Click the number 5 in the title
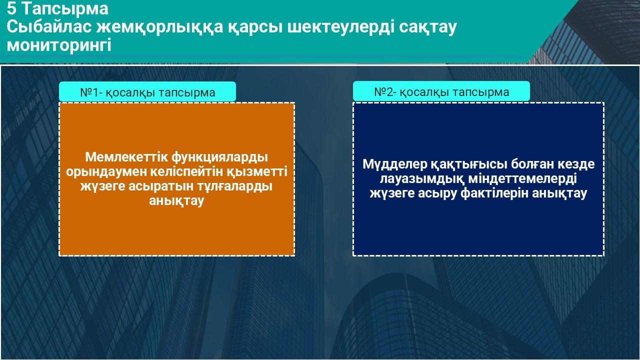click(x=11, y=8)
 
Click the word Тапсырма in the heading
click(x=65, y=9)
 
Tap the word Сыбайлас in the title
click(x=49, y=27)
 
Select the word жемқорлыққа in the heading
click(x=159, y=27)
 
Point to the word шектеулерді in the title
click(x=338, y=27)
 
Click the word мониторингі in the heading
click(x=59, y=45)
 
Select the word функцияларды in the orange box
click(x=219, y=157)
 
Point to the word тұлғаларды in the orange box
click(x=234, y=186)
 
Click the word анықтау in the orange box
click(x=176, y=200)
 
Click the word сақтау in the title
click(x=427, y=27)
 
